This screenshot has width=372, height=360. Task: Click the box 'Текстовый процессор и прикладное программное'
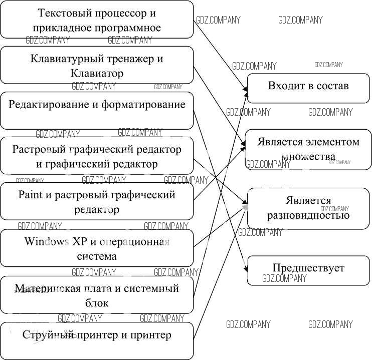(97, 20)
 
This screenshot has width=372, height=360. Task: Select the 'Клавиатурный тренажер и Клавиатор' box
(97, 65)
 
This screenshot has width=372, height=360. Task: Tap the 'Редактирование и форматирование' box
(97, 110)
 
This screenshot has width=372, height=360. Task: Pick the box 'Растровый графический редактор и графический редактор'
(97, 156)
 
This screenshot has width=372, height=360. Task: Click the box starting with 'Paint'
(97, 201)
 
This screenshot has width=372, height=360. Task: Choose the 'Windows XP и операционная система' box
(97, 248)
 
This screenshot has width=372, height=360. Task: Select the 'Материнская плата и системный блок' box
(97, 295)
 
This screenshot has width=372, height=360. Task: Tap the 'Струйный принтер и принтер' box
(97, 340)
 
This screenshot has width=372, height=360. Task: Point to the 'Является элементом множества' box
(308, 149)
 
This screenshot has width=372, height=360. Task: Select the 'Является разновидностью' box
(308, 208)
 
